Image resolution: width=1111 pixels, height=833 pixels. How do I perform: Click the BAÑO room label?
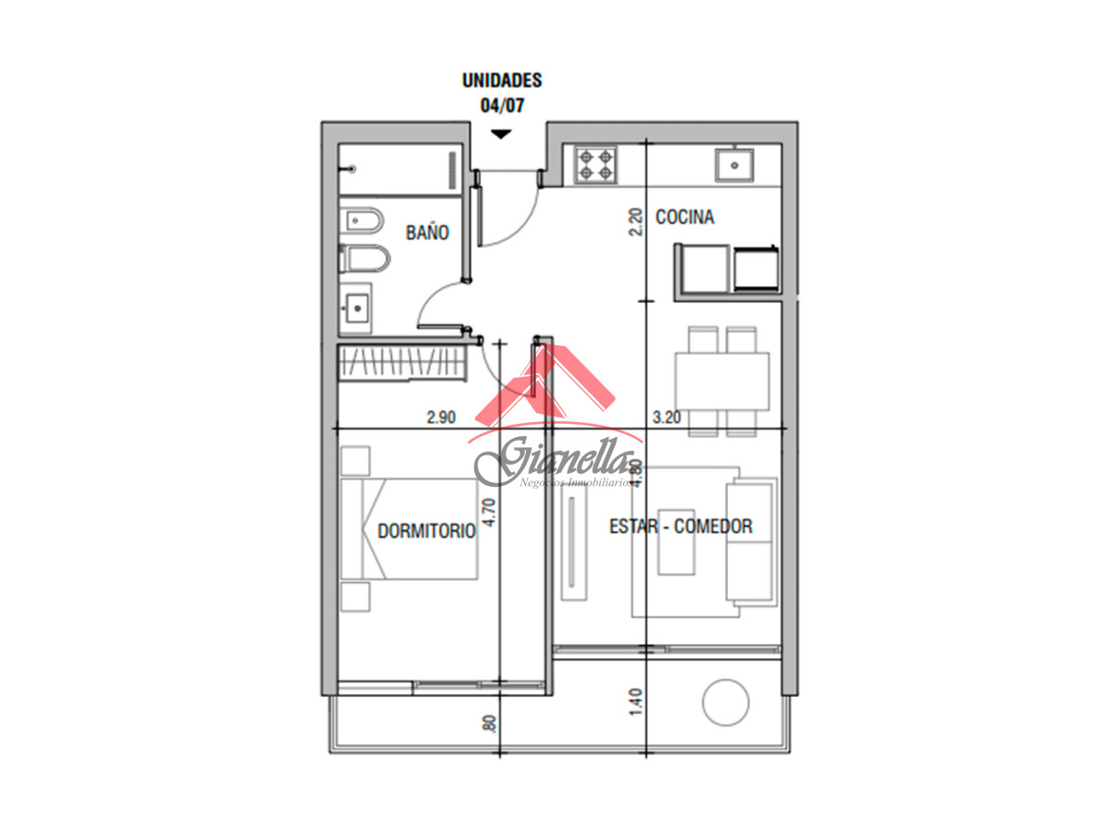coord(427,232)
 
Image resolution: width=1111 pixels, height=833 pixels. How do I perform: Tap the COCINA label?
coord(684,218)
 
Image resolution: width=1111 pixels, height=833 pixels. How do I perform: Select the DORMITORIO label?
coord(427,531)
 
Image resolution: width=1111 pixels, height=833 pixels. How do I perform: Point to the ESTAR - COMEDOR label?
coord(680,527)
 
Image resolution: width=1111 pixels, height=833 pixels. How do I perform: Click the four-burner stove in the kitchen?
coord(596,165)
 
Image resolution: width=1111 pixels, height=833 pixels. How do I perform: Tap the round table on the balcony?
coord(725,703)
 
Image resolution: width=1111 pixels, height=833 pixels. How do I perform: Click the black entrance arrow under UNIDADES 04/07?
coord(501,134)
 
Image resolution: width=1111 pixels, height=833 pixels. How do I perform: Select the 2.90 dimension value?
coord(442,417)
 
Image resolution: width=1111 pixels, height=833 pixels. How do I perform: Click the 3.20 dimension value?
coord(667,417)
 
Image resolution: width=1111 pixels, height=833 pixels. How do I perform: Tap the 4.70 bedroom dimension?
coord(491,512)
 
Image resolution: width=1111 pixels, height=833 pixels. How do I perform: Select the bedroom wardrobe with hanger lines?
coord(399,362)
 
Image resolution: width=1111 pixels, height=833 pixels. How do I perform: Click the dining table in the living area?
coord(722,380)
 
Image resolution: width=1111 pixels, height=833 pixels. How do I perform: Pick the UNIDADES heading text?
coord(502,81)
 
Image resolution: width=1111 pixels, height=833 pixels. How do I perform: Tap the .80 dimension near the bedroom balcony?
coord(490,725)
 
